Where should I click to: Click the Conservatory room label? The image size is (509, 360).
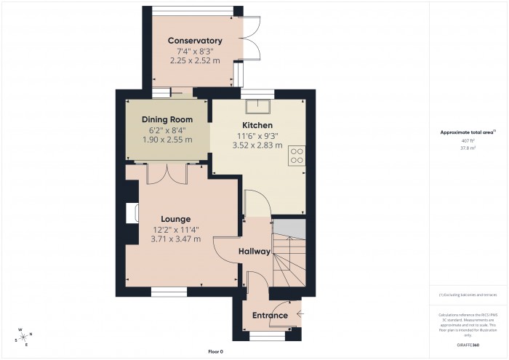[194, 41]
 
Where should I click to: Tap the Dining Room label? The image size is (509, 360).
[167, 119]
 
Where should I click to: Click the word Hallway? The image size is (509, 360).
[254, 252]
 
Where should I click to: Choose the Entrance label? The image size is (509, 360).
[270, 315]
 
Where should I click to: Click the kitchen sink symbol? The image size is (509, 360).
[257, 108]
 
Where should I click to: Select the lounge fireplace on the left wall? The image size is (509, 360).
[132, 213]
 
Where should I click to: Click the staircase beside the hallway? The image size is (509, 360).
[290, 258]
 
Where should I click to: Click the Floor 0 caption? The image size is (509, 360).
[216, 351]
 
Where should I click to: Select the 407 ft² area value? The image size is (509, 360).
[468, 140]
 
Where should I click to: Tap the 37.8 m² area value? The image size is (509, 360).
[468, 148]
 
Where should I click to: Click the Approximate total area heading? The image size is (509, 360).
[468, 132]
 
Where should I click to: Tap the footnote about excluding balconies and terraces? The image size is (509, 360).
[468, 295]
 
